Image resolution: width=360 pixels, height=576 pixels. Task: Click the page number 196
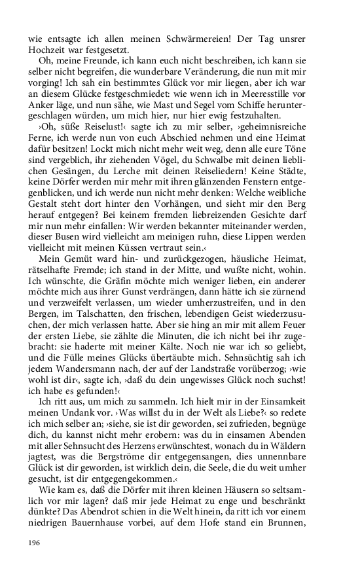click(x=34, y=543)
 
